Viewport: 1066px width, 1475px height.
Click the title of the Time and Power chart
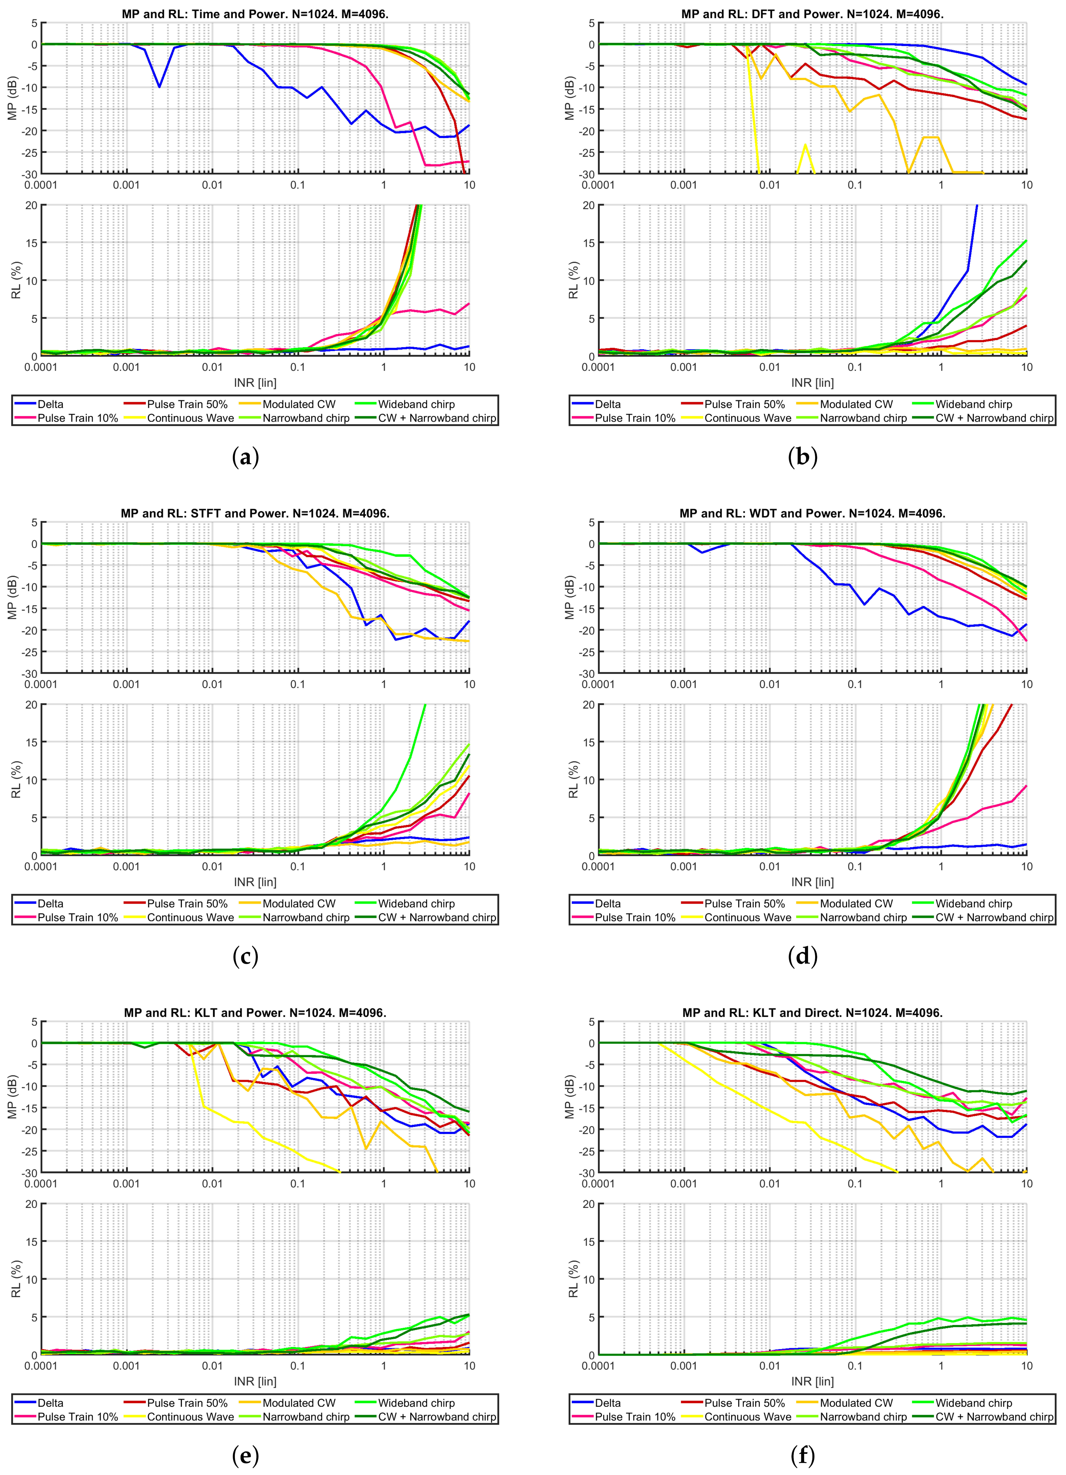255,14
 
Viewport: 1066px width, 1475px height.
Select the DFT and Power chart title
812,14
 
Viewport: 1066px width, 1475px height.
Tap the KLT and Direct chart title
812,1013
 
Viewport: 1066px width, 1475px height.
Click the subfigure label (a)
245,457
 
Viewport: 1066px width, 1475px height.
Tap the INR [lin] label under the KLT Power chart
255,1381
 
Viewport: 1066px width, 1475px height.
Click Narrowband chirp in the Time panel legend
306,418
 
